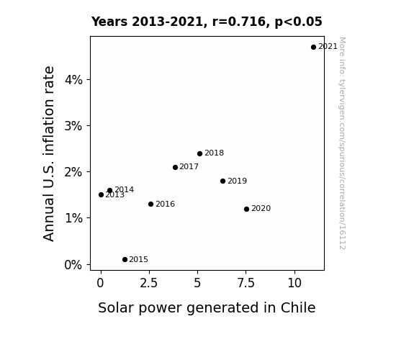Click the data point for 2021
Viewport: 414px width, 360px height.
click(x=313, y=47)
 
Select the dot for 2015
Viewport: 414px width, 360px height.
click(x=125, y=259)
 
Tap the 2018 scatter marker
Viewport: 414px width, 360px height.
click(x=199, y=153)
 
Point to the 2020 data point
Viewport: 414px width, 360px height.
click(x=246, y=209)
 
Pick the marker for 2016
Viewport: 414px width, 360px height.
click(x=150, y=204)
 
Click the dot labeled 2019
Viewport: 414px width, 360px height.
click(x=222, y=181)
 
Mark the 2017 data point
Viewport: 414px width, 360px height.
click(x=175, y=167)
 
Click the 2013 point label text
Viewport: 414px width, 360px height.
click(x=115, y=195)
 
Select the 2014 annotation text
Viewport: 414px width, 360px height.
click(x=124, y=189)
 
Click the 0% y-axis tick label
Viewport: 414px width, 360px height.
click(x=73, y=264)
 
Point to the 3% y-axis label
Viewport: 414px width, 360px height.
click(x=73, y=126)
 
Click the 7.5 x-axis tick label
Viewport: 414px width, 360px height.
click(x=246, y=283)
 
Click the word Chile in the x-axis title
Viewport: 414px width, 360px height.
click(x=298, y=307)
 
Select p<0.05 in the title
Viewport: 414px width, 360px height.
click(x=299, y=22)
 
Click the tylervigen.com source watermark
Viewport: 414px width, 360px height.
click(x=342, y=143)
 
